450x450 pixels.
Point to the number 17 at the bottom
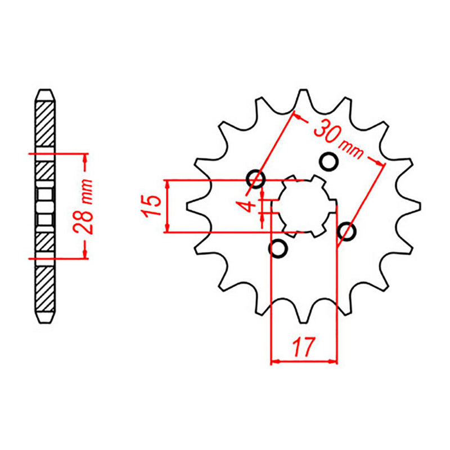point(304,346)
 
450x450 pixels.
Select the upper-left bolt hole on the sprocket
point(255,179)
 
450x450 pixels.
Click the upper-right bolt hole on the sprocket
point(330,162)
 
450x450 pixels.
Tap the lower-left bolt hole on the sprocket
point(278,248)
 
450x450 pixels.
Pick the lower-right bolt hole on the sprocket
point(347,231)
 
